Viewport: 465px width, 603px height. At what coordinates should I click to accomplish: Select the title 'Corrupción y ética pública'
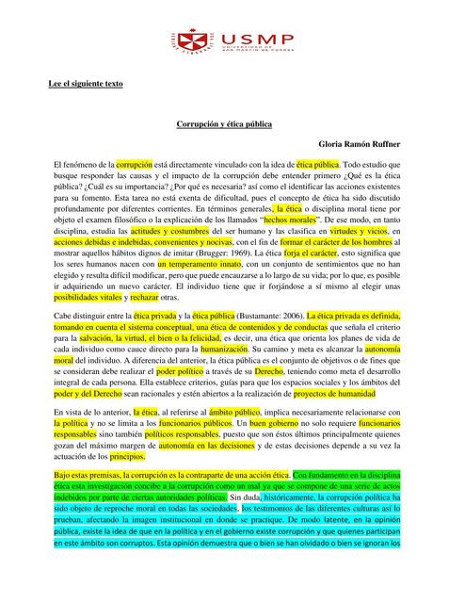[232, 123]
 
